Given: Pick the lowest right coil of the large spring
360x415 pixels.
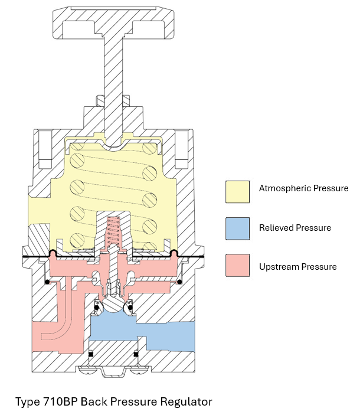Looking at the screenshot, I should tap(150, 239).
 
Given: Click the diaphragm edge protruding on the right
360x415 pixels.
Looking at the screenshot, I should tap(198, 258).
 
